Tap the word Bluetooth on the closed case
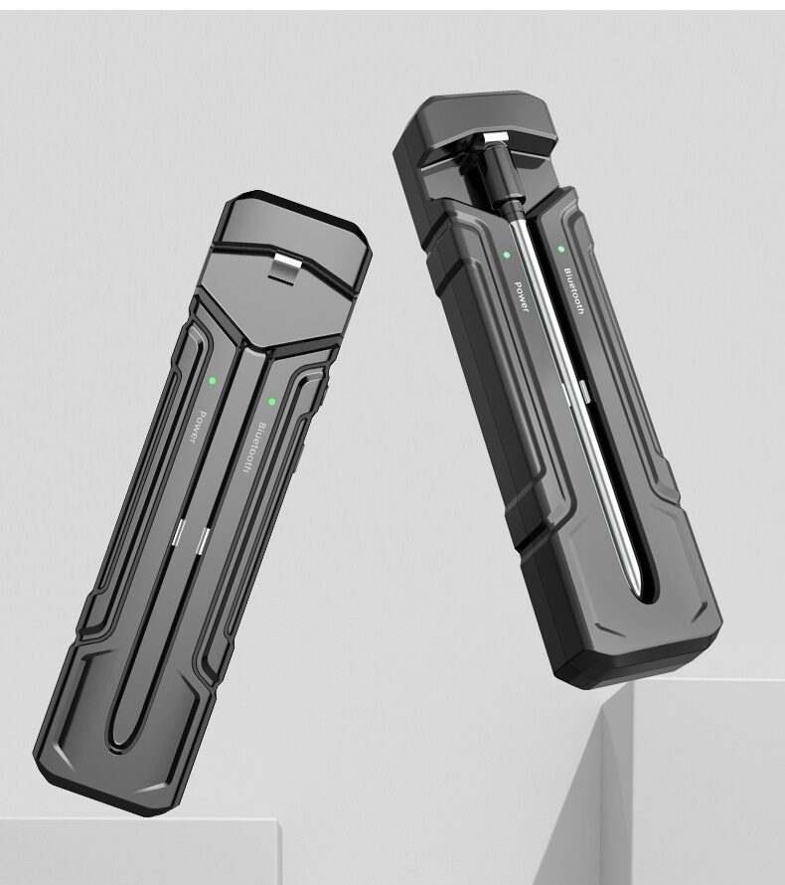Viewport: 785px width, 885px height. [253, 447]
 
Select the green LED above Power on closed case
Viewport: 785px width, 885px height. [213, 381]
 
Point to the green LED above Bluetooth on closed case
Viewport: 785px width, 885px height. [272, 402]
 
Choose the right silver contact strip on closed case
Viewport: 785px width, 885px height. [203, 541]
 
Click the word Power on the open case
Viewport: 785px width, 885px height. [522, 297]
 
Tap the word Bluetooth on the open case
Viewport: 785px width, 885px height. [574, 290]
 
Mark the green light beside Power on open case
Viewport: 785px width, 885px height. [507, 256]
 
